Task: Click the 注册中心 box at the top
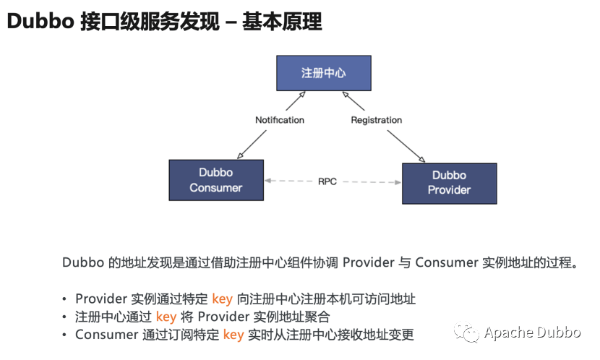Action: click(323, 74)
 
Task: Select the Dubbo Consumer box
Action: click(216, 180)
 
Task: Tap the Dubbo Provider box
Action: click(449, 183)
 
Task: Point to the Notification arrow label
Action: click(280, 119)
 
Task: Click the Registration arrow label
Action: click(376, 119)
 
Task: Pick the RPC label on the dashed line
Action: click(327, 181)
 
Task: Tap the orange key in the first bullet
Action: click(222, 299)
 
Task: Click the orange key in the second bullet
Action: click(166, 317)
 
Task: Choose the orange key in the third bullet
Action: click(233, 335)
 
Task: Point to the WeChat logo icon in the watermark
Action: click(466, 333)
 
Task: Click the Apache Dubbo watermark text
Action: click(532, 333)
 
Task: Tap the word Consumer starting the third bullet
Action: click(106, 335)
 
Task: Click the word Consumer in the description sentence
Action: click(446, 262)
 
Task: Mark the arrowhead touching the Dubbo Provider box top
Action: click(421, 160)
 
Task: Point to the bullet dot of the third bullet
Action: click(65, 335)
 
